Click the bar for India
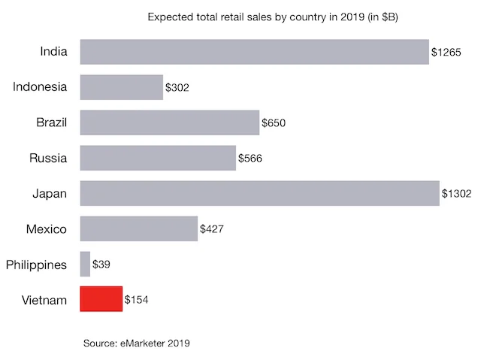click(x=254, y=52)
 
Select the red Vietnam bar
click(x=101, y=299)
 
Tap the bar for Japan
click(x=259, y=193)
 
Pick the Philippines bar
click(x=85, y=264)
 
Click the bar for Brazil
click(x=169, y=123)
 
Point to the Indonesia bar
click(x=121, y=87)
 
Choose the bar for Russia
click(x=158, y=158)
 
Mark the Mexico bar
click(x=138, y=228)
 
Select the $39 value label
click(x=101, y=265)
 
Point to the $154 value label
click(x=137, y=300)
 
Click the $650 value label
click(x=274, y=123)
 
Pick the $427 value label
click(x=212, y=229)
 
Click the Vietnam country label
click(x=44, y=300)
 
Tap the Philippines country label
click(x=36, y=265)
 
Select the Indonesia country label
click(x=40, y=87)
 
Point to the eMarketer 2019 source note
click(x=137, y=343)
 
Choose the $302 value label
click(x=177, y=88)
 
